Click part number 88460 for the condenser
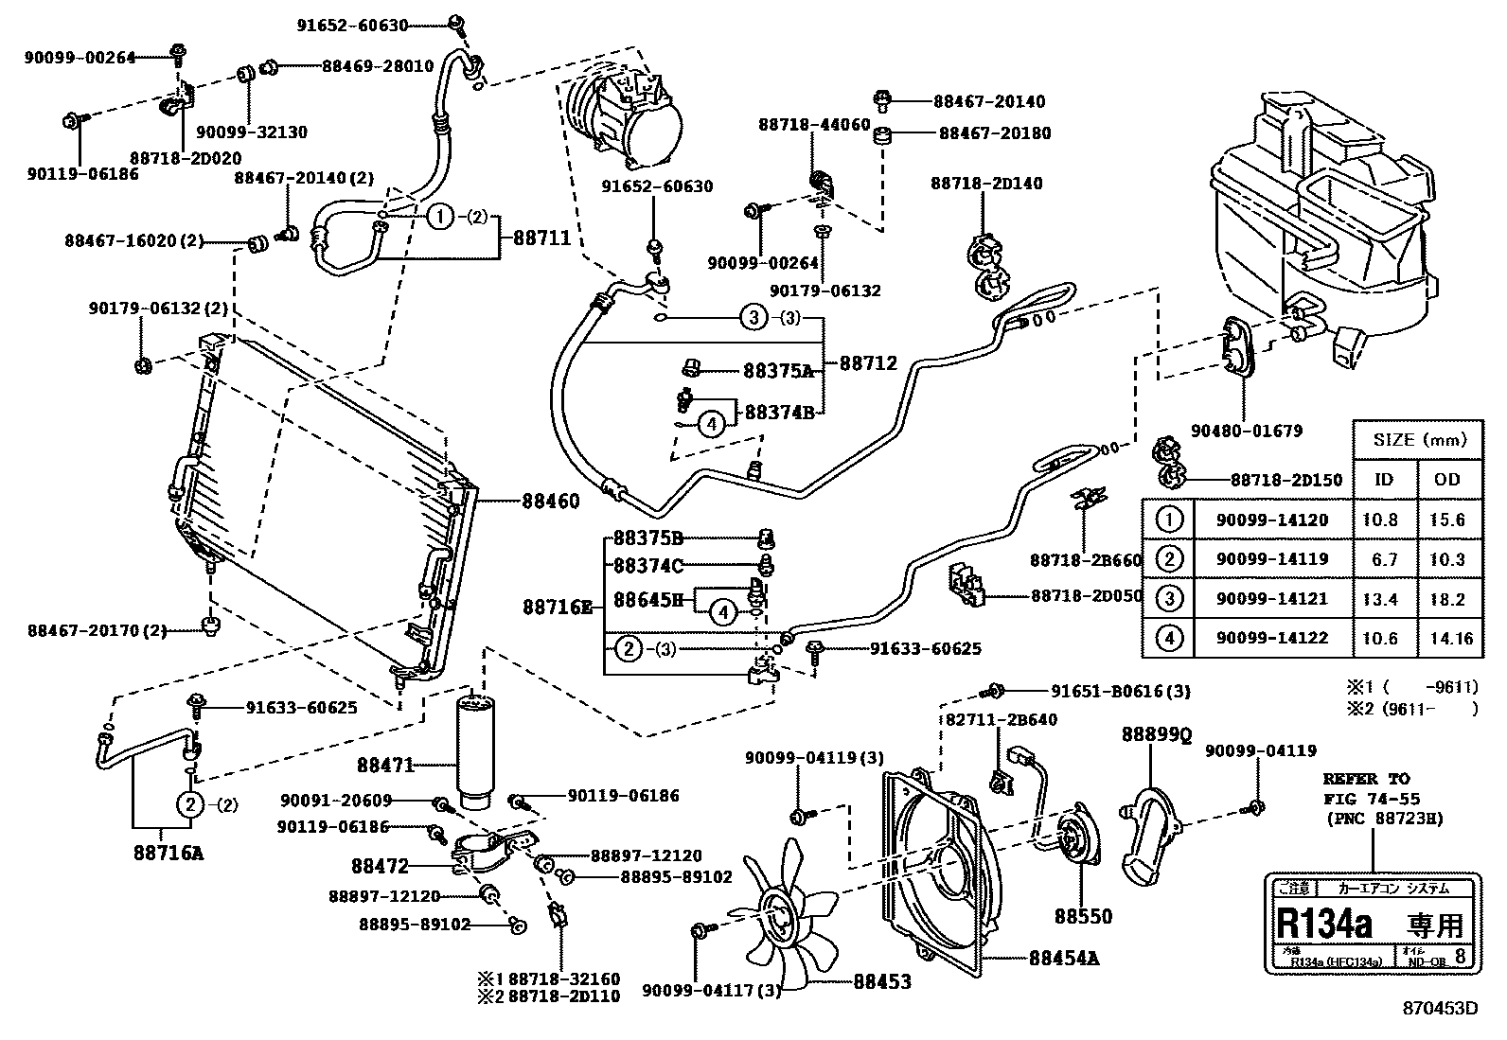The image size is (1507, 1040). click(x=550, y=501)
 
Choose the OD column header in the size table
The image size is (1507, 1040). click(x=1447, y=480)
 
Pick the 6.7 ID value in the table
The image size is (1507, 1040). click(x=1384, y=559)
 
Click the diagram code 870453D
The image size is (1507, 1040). click(x=1440, y=1009)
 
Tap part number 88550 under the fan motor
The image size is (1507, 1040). click(x=1084, y=916)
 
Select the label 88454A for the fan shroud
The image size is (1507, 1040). click(x=1064, y=958)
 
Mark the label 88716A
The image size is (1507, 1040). click(x=169, y=853)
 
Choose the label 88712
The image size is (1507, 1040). click(x=868, y=362)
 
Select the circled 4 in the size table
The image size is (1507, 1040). click(x=1170, y=638)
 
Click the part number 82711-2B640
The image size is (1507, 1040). click(x=1002, y=719)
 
